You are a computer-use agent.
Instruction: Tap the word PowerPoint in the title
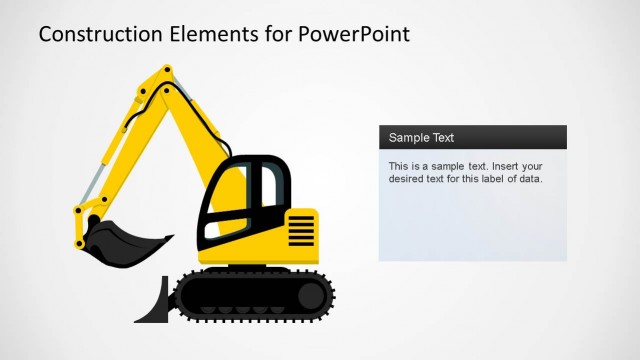[354, 34]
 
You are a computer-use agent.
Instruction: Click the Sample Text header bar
[472, 137]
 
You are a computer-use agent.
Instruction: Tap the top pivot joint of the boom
[166, 72]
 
